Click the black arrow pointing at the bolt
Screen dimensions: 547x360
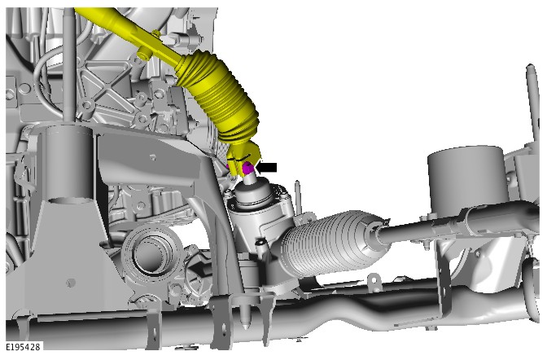point(266,168)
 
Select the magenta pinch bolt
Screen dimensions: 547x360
point(247,169)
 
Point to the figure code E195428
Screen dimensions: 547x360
point(23,347)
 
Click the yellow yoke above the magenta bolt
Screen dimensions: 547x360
point(243,156)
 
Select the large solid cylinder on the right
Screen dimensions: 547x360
point(466,182)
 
